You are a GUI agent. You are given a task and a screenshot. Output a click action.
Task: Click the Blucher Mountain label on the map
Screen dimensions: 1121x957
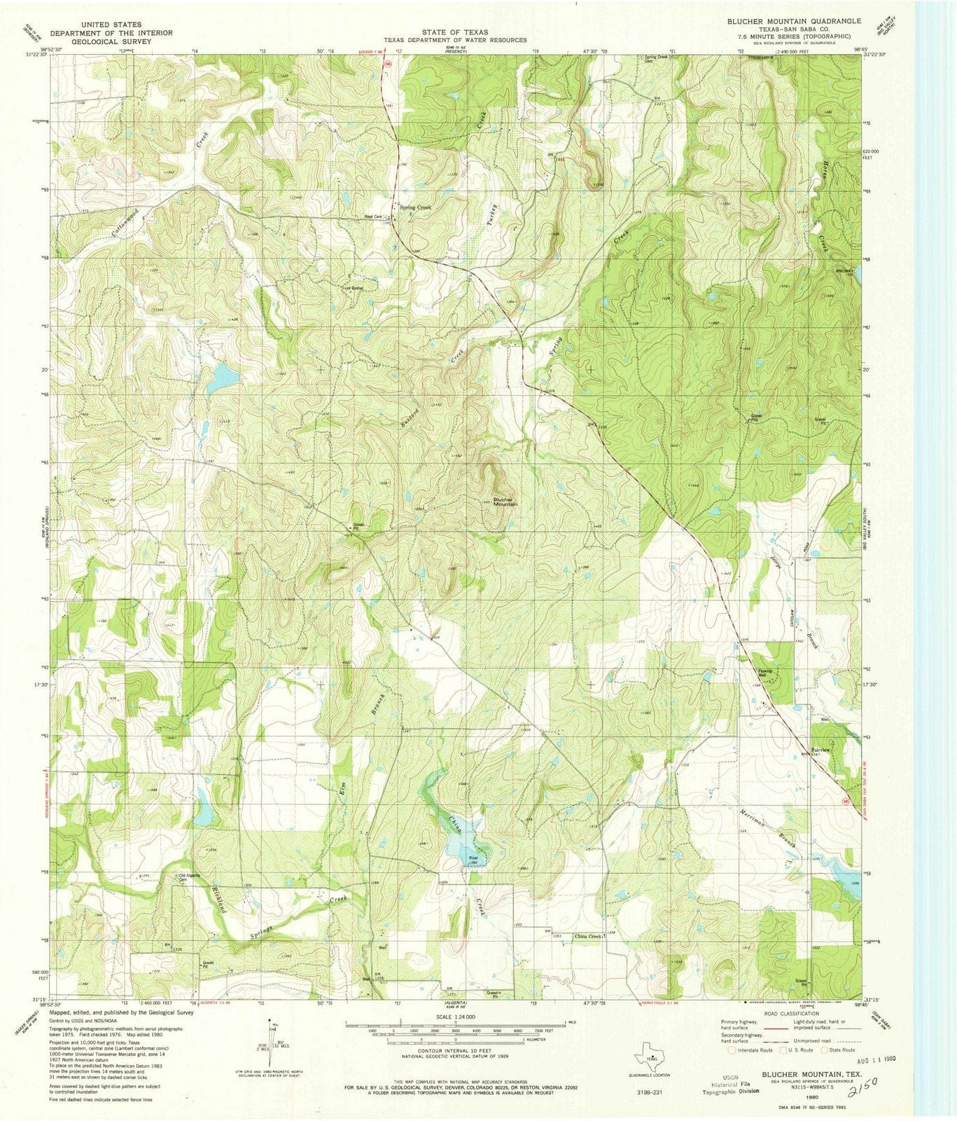point(504,502)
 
